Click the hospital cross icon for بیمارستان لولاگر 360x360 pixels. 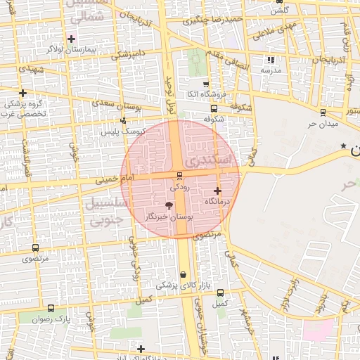tap(71, 38)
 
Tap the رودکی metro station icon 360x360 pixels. tap(180, 176)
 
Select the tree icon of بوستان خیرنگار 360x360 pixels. tap(169, 205)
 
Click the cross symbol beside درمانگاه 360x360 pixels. tap(217, 191)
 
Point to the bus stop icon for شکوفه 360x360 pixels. tap(214, 108)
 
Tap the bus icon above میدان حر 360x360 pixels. tap(323, 112)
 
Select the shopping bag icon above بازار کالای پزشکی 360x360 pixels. tap(184, 274)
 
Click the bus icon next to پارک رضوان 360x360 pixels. tap(51, 308)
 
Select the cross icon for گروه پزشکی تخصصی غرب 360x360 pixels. tap(23, 93)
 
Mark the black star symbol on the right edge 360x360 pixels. tap(343, 146)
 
